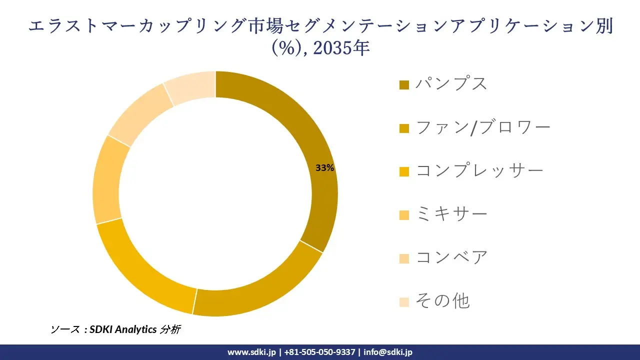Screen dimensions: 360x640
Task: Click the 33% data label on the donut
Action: click(x=324, y=168)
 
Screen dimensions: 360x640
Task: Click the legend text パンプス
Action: click(x=451, y=83)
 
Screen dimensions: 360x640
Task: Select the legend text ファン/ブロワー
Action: click(x=483, y=127)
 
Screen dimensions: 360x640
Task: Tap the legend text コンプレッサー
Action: click(x=479, y=171)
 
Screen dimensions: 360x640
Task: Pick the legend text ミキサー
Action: click(x=451, y=214)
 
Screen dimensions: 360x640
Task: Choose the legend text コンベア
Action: click(x=451, y=258)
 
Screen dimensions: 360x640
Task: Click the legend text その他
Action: click(x=442, y=301)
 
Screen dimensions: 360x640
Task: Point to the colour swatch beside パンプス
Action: click(x=404, y=84)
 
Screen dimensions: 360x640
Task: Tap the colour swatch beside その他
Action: click(x=404, y=302)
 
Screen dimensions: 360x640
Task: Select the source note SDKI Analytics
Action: click(x=123, y=329)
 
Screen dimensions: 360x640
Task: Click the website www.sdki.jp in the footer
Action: click(x=251, y=352)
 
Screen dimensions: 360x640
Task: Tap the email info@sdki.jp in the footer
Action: click(x=388, y=352)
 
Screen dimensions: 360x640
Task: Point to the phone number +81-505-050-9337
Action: click(x=319, y=352)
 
